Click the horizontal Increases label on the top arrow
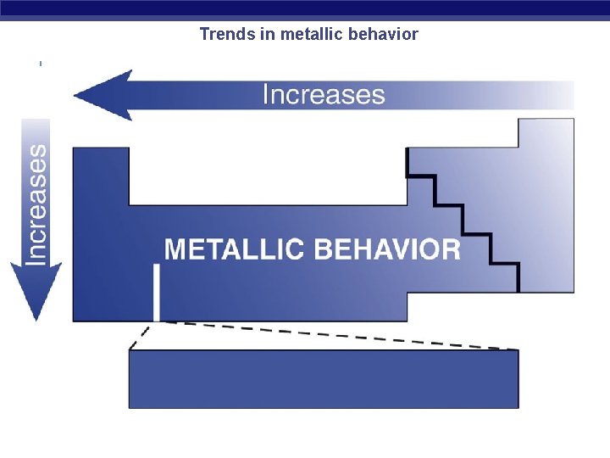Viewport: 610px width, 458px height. [324, 94]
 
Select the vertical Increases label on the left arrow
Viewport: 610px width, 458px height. [36, 204]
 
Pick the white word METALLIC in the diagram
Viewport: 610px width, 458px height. [234, 249]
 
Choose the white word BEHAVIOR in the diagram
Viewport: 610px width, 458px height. [387, 249]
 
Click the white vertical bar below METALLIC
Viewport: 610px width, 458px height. [156, 292]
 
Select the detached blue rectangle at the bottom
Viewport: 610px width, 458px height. [323, 379]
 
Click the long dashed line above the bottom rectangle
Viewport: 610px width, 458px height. [339, 335]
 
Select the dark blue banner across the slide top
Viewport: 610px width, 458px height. [305, 9]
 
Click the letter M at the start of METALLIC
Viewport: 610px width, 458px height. [175, 249]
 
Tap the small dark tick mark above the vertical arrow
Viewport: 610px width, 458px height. [41, 63]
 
